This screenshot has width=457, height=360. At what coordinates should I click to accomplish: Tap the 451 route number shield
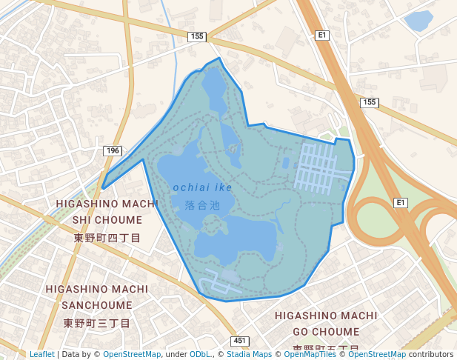click(x=239, y=341)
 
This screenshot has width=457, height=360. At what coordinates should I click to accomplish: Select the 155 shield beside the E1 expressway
click(x=370, y=102)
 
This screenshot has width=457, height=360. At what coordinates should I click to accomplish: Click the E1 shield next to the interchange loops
click(x=401, y=202)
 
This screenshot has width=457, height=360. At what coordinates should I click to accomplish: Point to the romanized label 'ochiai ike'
click(x=202, y=187)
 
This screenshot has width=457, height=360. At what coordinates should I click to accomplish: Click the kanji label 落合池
click(x=202, y=204)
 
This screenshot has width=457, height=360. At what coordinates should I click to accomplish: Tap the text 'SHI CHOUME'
click(x=107, y=220)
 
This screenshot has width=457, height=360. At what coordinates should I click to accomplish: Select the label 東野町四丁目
click(x=107, y=238)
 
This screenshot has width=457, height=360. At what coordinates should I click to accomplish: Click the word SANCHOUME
click(x=96, y=305)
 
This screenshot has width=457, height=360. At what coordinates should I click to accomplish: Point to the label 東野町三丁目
click(x=96, y=323)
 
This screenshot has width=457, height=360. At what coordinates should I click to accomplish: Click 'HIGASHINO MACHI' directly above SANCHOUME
click(x=96, y=288)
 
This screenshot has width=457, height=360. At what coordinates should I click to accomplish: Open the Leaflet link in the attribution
click(x=41, y=354)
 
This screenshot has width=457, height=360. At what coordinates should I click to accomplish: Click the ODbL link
click(x=199, y=354)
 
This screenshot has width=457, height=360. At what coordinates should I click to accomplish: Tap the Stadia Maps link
click(x=249, y=354)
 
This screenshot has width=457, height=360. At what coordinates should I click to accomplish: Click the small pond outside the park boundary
click(x=419, y=20)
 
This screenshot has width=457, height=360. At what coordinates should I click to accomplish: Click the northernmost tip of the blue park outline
click(x=219, y=59)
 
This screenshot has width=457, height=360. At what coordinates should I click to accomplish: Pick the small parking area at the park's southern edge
click(x=216, y=281)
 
